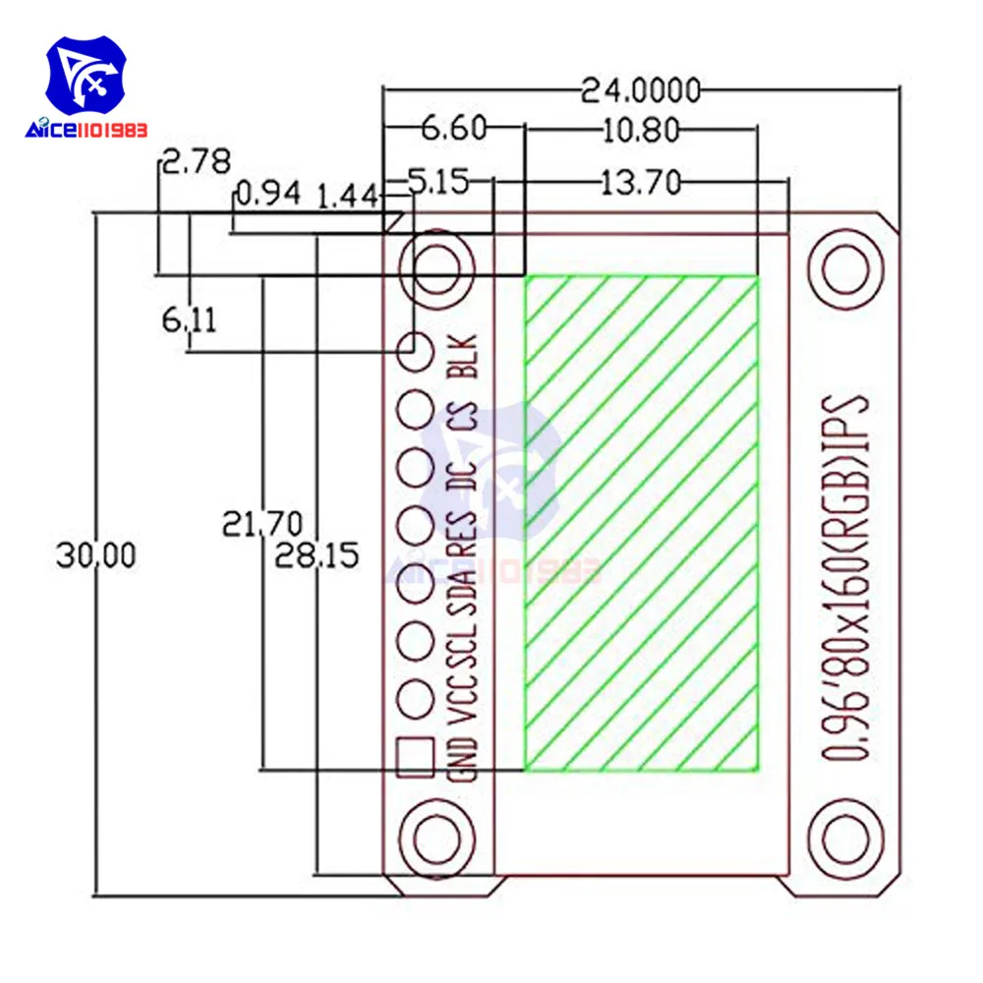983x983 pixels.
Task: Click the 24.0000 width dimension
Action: pos(640,90)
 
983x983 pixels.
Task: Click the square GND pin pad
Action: pos(415,758)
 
